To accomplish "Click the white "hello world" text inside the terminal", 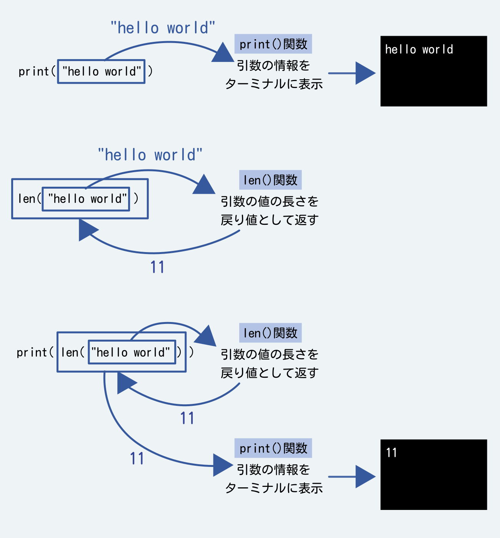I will tap(419, 50).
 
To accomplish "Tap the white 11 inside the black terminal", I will tap(391, 453).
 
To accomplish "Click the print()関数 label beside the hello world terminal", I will tap(273, 44).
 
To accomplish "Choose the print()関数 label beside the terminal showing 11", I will tap(273, 448).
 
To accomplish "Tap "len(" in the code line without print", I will tap(29, 199).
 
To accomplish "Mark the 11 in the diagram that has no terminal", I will tap(157, 267).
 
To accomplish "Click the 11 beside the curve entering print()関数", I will tap(137, 458).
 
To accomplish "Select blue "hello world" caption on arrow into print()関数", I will tap(163, 28).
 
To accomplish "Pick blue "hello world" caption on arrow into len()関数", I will tap(150, 155).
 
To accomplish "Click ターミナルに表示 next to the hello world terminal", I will tap(273, 84).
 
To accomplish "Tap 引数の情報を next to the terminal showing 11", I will tap(273, 469).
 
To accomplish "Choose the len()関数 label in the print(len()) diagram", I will tap(270, 333).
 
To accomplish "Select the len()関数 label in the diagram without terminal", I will tap(270, 180).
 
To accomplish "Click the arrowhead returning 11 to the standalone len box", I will tap(87, 230).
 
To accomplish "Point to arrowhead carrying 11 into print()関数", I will tap(222, 465).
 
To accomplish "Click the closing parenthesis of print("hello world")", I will tap(150, 71).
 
